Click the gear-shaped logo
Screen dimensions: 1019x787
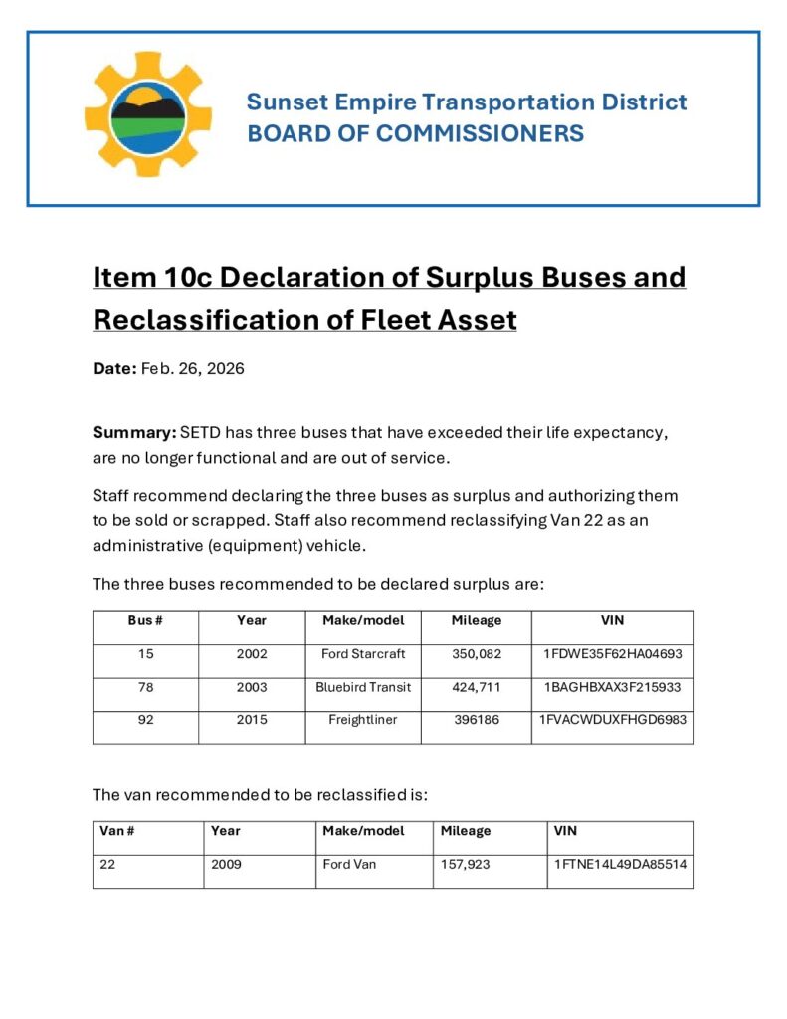pyautogui.click(x=148, y=113)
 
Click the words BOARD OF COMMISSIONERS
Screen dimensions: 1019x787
pyautogui.click(x=415, y=133)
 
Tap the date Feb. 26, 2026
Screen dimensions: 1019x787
pyautogui.click(x=193, y=368)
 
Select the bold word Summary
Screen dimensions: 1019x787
pyautogui.click(x=133, y=433)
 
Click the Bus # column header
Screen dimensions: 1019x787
pyautogui.click(x=145, y=620)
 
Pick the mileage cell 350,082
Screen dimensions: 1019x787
pyautogui.click(x=477, y=654)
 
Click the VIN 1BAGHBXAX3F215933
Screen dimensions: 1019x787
pyautogui.click(x=612, y=687)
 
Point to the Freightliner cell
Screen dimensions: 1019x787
pyautogui.click(x=363, y=720)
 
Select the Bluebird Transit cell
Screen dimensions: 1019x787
pyautogui.click(x=363, y=687)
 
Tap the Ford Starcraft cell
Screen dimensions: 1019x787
pyautogui.click(x=363, y=654)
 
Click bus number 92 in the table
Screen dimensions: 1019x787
pyautogui.click(x=145, y=720)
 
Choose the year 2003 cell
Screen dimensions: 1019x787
pyautogui.click(x=252, y=687)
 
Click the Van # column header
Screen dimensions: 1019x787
pyautogui.click(x=117, y=830)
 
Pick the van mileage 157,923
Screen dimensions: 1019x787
pyautogui.click(x=465, y=864)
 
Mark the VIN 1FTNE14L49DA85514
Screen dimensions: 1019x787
pyautogui.click(x=620, y=864)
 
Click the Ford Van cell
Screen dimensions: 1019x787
pyautogui.click(x=349, y=864)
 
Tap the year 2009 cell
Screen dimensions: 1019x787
pyautogui.click(x=226, y=864)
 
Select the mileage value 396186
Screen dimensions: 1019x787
pyautogui.click(x=477, y=720)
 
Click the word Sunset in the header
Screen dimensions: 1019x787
pyautogui.click(x=282, y=102)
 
